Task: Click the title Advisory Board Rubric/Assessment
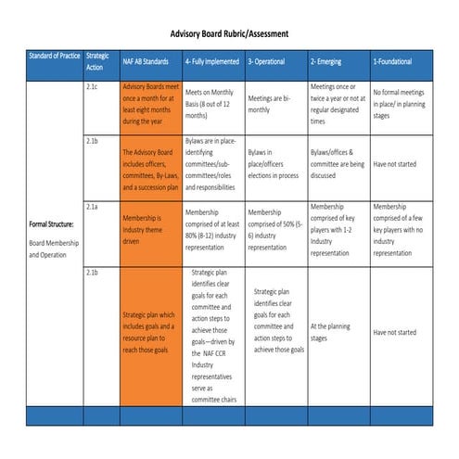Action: click(228, 33)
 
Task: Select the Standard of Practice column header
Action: click(54, 61)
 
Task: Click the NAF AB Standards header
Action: click(145, 62)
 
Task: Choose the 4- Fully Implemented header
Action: click(212, 62)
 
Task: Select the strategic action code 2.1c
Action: click(91, 87)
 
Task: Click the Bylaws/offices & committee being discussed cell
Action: click(337, 162)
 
